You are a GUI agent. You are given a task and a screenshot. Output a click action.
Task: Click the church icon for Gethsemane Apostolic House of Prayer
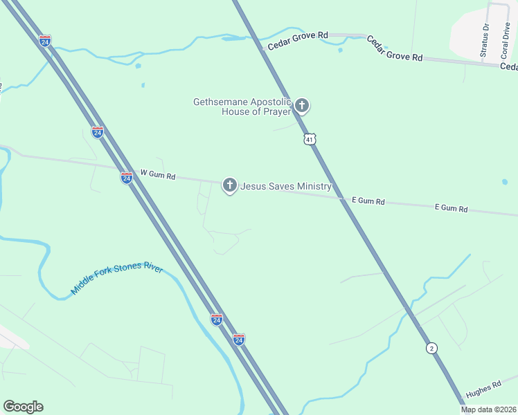pyautogui.click(x=301, y=106)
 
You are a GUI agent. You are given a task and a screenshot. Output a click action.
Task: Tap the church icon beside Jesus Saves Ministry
pyautogui.click(x=229, y=185)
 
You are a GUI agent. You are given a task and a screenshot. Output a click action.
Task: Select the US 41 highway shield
pyautogui.click(x=310, y=139)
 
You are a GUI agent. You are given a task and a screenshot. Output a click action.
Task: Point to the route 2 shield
pyautogui.click(x=432, y=348)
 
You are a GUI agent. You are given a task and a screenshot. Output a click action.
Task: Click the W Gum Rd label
pyautogui.click(x=158, y=175)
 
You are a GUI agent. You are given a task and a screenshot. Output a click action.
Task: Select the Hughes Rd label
pyautogui.click(x=483, y=389)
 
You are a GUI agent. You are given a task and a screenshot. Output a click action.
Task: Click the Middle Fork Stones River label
pyautogui.click(x=116, y=277)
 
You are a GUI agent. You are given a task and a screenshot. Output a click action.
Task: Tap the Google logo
pyautogui.click(x=23, y=407)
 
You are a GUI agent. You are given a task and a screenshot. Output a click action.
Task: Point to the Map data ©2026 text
pyautogui.click(x=488, y=409)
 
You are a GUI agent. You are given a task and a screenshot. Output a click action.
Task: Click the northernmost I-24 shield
pyautogui.click(x=45, y=41)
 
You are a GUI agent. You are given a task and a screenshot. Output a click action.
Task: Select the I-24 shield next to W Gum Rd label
pyautogui.click(x=126, y=178)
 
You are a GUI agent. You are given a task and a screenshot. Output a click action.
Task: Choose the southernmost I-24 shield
pyautogui.click(x=238, y=340)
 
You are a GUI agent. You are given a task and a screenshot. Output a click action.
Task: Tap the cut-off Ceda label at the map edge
pyautogui.click(x=509, y=66)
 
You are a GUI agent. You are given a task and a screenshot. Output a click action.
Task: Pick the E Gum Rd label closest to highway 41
pyautogui.click(x=368, y=201)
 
